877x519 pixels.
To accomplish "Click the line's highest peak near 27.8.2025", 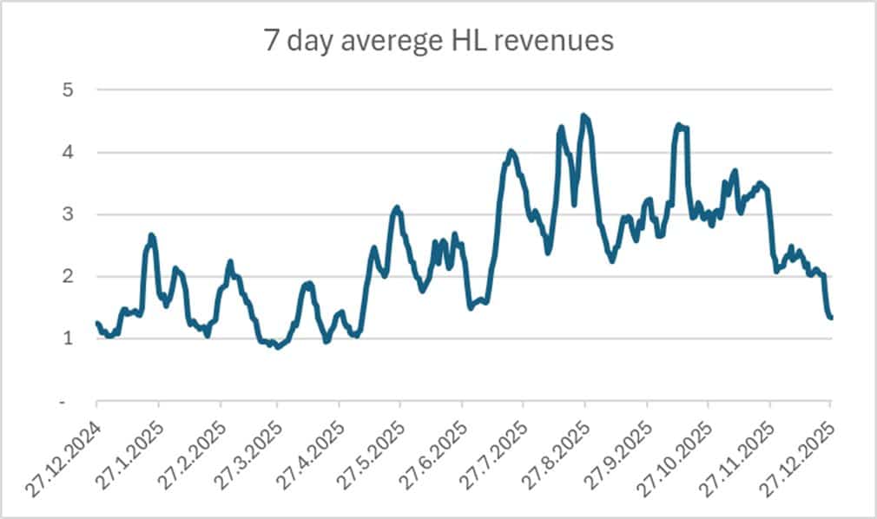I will (x=584, y=115).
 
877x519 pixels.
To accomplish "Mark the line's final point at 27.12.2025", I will (x=831, y=318).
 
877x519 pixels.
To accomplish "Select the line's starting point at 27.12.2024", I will (x=96, y=323).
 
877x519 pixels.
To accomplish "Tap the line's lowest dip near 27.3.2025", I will (x=277, y=347).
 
